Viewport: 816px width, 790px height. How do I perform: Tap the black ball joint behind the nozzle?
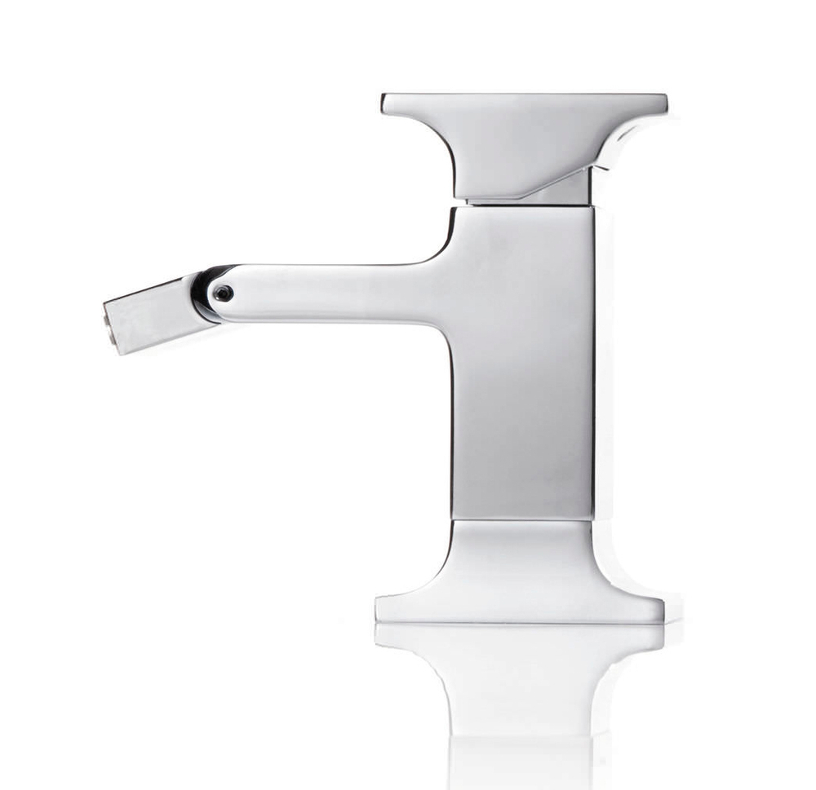[x=201, y=293]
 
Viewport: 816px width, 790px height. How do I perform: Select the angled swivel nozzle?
[x=151, y=313]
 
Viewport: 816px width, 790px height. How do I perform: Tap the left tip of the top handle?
[x=385, y=103]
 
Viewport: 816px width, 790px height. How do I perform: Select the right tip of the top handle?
[x=663, y=104]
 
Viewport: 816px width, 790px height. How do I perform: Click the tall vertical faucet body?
[x=522, y=367]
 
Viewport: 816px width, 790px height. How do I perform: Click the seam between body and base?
[x=522, y=520]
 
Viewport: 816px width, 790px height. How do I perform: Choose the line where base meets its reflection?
[x=522, y=624]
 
